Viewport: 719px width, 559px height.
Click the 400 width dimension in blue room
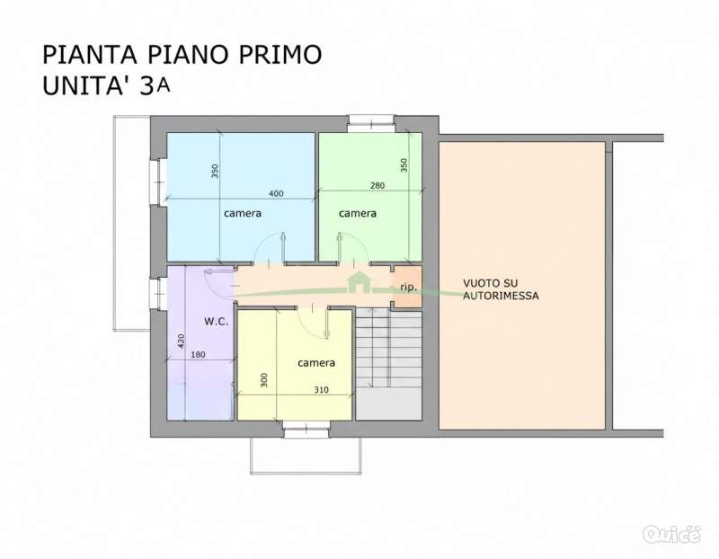click(x=276, y=193)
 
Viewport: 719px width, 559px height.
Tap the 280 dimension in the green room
click(x=377, y=186)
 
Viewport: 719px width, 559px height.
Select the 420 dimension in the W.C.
click(x=182, y=342)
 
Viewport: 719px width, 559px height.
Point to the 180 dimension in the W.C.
click(x=198, y=354)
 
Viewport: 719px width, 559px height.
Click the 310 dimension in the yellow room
click(x=321, y=390)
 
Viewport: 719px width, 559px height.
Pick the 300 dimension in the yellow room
click(x=263, y=379)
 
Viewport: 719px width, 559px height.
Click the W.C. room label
click(x=216, y=322)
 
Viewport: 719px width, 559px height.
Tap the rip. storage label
click(x=409, y=288)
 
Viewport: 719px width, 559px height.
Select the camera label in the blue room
click(x=243, y=213)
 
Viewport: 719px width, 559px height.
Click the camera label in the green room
click(x=358, y=213)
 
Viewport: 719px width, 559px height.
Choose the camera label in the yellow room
click(x=316, y=363)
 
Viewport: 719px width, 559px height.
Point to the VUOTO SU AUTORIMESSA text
click(x=501, y=289)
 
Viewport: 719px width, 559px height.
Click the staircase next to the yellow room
click(x=389, y=364)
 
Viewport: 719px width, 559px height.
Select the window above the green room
click(x=371, y=123)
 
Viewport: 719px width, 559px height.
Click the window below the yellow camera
click(x=306, y=430)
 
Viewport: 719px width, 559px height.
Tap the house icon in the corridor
click(x=359, y=281)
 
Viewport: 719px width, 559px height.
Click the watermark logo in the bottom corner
click(x=671, y=534)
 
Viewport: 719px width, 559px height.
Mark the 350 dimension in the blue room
click(x=215, y=171)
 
